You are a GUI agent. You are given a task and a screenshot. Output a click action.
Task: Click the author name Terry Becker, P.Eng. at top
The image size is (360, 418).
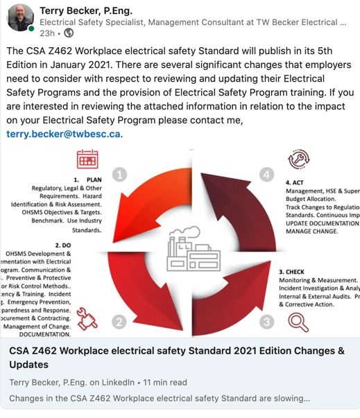(x=86, y=10)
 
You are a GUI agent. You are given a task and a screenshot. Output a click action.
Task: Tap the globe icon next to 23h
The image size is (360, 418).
(x=69, y=33)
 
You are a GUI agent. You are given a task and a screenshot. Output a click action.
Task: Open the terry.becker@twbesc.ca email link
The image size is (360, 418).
(x=64, y=133)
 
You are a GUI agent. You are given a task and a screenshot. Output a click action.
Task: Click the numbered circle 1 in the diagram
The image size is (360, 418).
(x=119, y=176)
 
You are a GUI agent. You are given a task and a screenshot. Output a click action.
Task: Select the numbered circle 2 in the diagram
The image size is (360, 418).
(x=119, y=321)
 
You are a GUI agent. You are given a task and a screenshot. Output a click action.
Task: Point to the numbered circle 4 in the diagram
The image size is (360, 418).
(x=267, y=175)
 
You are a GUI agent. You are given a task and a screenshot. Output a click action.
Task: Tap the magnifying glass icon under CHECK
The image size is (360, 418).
(x=298, y=322)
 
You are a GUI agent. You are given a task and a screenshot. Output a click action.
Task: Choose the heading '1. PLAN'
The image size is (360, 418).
(x=87, y=180)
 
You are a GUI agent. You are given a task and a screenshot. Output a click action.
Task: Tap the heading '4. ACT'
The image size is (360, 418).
(x=299, y=182)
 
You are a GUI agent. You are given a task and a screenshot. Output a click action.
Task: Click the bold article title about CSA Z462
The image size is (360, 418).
(x=177, y=357)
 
